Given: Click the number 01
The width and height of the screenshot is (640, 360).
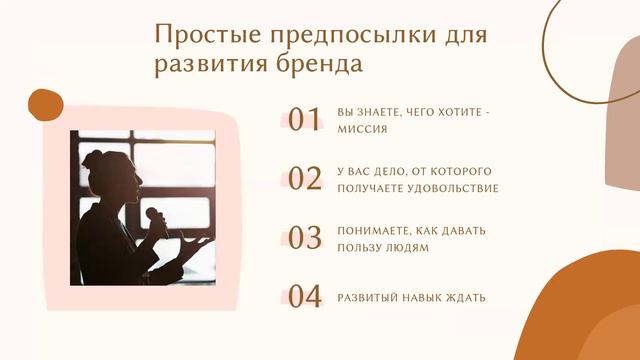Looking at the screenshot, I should point(304,120).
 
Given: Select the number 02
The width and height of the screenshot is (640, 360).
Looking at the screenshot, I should point(304,179).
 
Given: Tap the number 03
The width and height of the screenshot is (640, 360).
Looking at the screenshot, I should point(304,238).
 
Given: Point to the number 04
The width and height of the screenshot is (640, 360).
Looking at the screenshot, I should point(304,297).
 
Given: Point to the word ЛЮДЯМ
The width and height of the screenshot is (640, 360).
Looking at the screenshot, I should point(407,248).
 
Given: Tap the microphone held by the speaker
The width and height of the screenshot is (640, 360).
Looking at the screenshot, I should point(154,216).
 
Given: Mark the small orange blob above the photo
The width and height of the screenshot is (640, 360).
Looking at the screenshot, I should point(45,104).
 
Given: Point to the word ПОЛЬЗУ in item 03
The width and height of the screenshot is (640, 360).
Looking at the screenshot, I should point(360,248).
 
